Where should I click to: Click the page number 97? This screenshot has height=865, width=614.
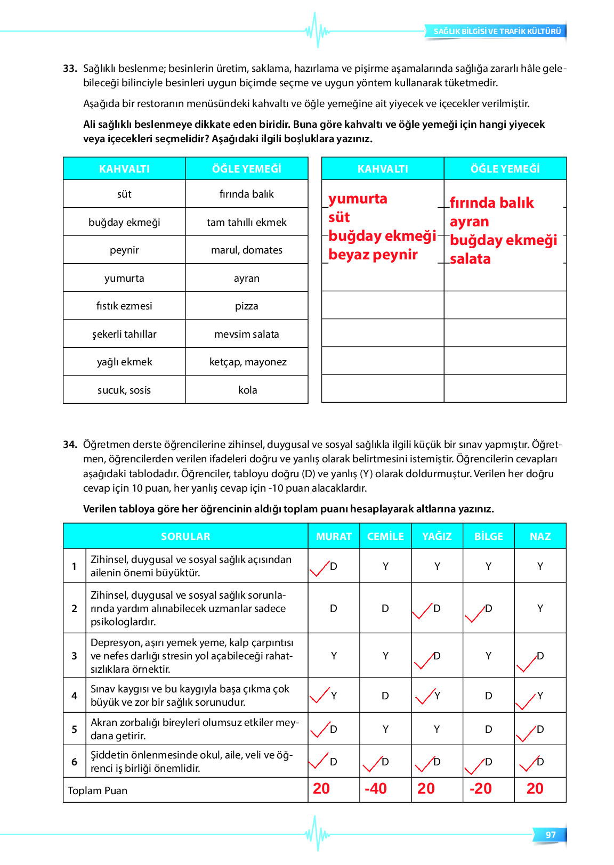click(x=551, y=835)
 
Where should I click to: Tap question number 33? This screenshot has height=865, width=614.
click(x=70, y=69)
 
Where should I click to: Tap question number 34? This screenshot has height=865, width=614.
click(x=70, y=444)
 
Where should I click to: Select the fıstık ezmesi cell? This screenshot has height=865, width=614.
click(x=124, y=306)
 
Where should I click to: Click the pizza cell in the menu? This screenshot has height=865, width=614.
click(x=246, y=306)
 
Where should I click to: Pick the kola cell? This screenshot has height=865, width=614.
click(x=247, y=390)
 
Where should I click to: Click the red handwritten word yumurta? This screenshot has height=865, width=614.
click(x=358, y=199)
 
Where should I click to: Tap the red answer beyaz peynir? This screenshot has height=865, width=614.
click(x=373, y=255)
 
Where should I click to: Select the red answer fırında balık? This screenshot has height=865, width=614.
click(x=491, y=203)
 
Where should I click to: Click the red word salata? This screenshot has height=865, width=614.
click(x=470, y=259)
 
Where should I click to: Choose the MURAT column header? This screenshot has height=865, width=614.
click(x=334, y=536)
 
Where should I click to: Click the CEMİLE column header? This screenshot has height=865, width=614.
click(x=385, y=536)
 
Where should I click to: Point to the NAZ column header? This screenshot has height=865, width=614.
click(x=540, y=536)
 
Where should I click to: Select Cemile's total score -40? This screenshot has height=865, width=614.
click(x=376, y=789)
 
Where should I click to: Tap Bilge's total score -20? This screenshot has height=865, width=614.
click(x=481, y=789)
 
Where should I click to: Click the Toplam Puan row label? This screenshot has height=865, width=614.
click(x=98, y=790)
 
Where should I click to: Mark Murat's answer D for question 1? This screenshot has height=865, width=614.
click(x=334, y=566)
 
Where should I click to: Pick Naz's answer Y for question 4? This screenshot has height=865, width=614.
click(x=540, y=696)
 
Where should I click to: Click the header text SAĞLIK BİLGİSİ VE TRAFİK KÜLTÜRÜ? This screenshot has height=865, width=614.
click(x=497, y=31)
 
